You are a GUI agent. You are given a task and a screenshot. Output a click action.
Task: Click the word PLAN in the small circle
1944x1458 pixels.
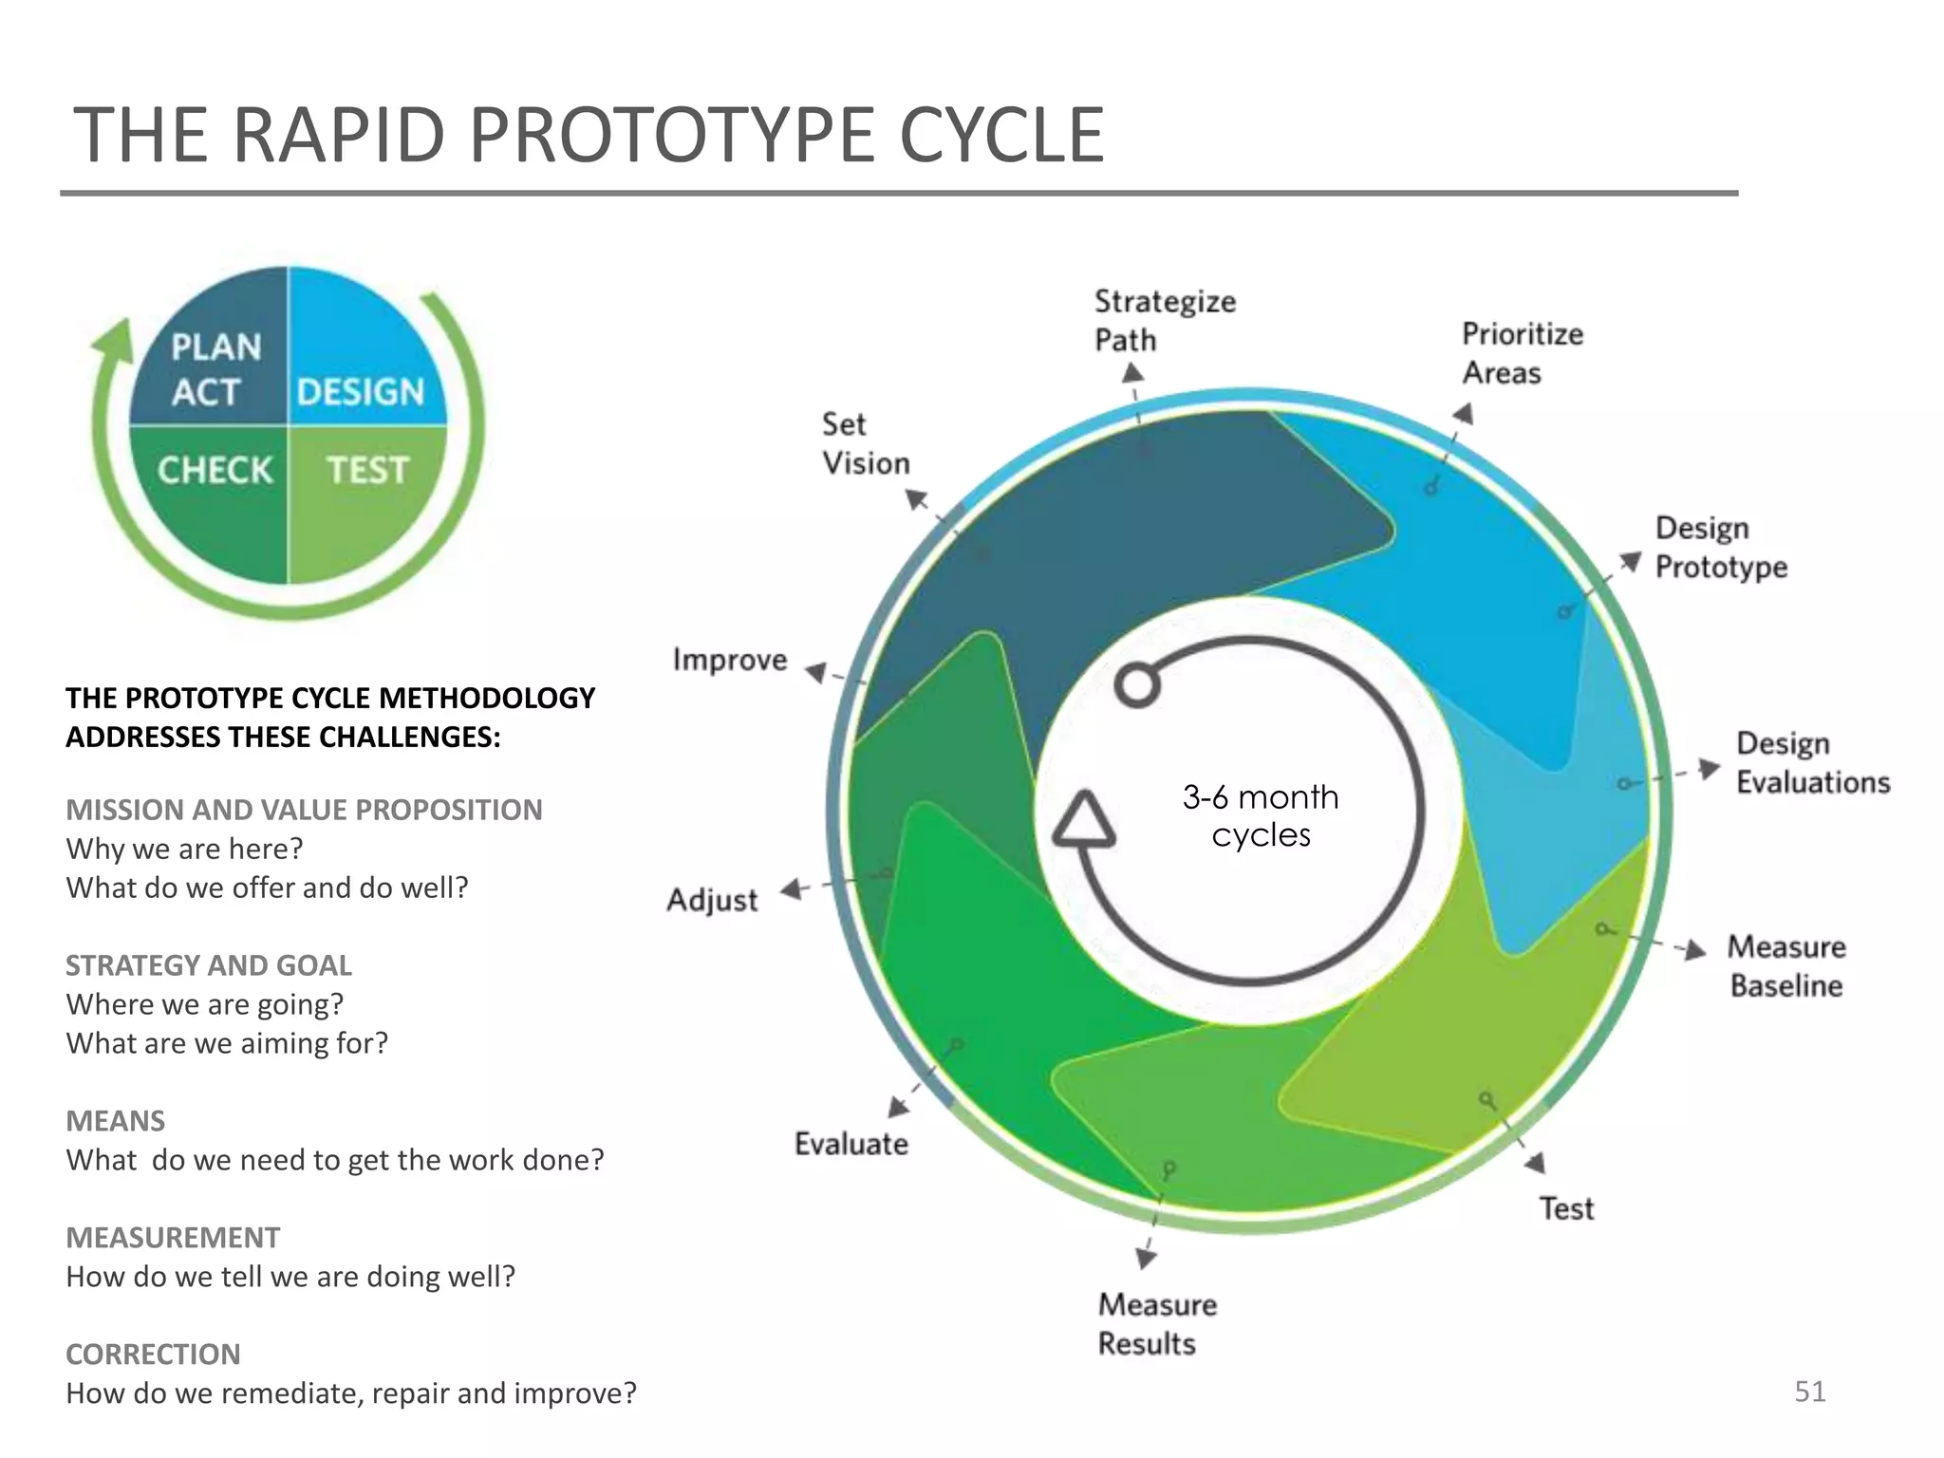(215, 347)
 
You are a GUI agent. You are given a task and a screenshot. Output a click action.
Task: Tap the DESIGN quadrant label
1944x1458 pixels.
(360, 392)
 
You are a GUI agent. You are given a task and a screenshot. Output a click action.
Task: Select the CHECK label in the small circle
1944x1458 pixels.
(215, 470)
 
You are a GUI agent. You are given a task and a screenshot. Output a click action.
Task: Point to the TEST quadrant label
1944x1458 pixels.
(367, 470)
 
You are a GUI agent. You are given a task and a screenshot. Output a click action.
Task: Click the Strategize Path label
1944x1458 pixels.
(1164, 321)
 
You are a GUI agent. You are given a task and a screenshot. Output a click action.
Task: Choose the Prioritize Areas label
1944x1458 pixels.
(1522, 353)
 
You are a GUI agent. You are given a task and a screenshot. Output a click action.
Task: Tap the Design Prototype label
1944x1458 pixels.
(1720, 548)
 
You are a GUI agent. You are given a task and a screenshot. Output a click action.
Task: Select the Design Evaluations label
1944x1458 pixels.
(1811, 763)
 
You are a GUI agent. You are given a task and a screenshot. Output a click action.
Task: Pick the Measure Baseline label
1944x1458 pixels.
(1785, 966)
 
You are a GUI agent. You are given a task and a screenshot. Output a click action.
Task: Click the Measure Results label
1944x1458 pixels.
(1156, 1324)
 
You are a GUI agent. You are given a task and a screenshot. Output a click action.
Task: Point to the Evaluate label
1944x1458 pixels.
(850, 1144)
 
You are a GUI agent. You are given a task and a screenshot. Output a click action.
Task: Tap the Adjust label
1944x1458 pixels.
(712, 900)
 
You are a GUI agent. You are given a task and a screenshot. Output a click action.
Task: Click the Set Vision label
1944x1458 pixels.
(865, 444)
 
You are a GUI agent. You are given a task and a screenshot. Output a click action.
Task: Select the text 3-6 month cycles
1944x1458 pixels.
(1261, 815)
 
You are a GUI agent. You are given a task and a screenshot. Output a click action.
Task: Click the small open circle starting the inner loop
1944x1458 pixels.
(1137, 684)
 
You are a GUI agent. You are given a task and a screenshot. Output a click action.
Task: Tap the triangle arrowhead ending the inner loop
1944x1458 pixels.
(1083, 820)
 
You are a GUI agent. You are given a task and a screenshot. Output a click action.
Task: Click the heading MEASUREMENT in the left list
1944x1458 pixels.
(173, 1238)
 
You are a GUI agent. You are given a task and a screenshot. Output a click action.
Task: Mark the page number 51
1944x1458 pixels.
(1809, 1392)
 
